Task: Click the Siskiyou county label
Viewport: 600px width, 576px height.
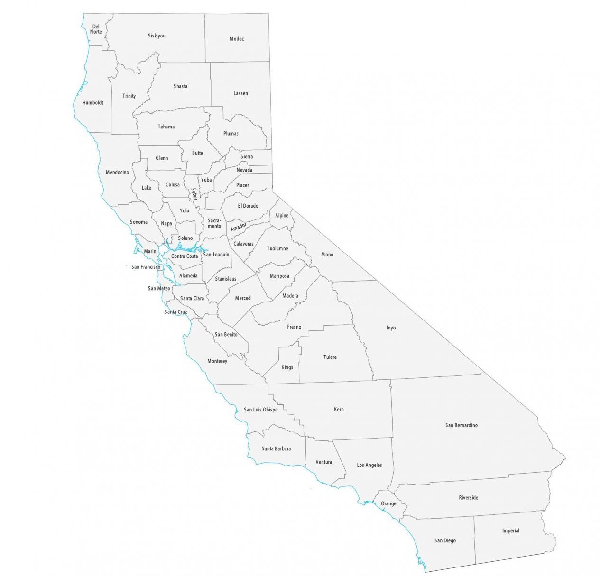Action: point(157,36)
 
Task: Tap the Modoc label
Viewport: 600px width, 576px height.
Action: point(237,39)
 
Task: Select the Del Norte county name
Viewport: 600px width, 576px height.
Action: point(96,29)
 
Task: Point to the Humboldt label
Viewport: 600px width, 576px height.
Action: point(93,102)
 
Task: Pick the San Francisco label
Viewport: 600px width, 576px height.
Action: point(146,267)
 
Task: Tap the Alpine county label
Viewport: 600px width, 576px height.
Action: point(282,215)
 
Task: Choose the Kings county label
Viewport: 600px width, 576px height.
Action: point(287,367)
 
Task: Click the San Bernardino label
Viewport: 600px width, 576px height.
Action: point(462,425)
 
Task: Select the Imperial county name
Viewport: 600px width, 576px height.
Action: point(511,530)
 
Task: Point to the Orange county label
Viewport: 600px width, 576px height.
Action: point(388,503)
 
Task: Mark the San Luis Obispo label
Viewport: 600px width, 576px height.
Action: point(260,410)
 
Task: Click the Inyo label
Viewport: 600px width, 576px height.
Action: point(391,328)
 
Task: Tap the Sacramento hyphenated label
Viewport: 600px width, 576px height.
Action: point(214,223)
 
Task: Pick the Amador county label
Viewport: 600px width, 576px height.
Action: point(239,228)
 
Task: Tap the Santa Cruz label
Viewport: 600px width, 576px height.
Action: point(175,312)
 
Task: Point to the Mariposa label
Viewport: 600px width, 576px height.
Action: point(279,276)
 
